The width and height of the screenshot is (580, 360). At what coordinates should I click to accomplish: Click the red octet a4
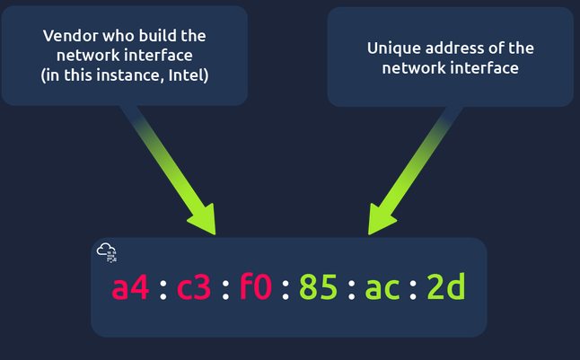click(x=130, y=287)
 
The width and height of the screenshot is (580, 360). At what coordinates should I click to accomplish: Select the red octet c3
click(x=194, y=287)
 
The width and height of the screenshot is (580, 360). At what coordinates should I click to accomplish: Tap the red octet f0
click(x=257, y=287)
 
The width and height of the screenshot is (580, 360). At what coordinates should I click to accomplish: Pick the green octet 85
click(x=318, y=287)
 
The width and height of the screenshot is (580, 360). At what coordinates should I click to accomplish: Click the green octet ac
click(x=382, y=287)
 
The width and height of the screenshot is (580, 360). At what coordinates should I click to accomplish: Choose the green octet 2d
click(x=445, y=287)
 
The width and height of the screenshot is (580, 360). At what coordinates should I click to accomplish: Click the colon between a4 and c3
click(x=163, y=289)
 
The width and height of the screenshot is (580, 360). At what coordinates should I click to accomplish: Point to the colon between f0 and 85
click(x=287, y=289)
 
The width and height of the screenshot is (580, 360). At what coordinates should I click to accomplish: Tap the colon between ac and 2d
click(x=414, y=289)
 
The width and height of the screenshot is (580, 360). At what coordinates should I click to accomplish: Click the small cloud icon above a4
click(x=107, y=251)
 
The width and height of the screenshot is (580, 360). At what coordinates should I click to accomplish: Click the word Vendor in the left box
click(x=66, y=37)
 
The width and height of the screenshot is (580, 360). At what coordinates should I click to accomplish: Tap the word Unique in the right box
click(x=391, y=48)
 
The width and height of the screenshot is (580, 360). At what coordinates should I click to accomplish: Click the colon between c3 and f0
click(x=225, y=289)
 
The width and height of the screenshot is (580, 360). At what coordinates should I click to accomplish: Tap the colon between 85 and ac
click(x=350, y=289)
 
